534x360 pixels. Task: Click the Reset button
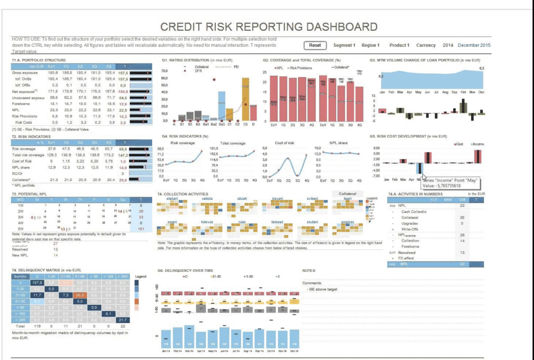coord(315,45)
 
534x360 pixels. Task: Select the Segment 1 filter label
coord(344,45)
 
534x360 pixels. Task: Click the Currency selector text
coord(426,45)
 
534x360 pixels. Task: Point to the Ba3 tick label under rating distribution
coord(222,124)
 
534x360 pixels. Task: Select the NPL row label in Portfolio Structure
coord(16,110)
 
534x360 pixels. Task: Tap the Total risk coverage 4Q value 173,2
coord(108,155)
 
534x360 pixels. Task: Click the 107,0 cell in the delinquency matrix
coord(37,282)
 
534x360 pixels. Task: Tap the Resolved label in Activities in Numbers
coord(407,253)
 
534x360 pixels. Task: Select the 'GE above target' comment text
coord(324,289)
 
